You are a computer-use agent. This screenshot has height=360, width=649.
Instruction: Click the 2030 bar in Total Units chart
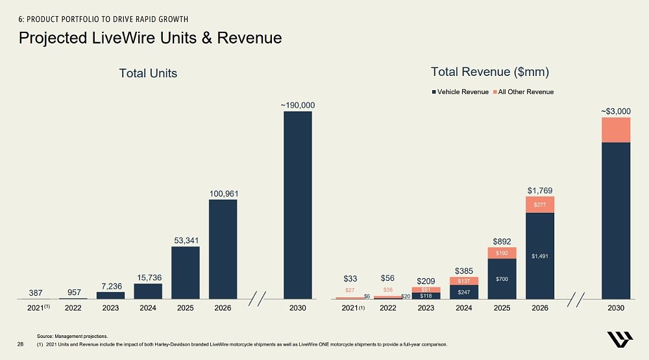pyautogui.click(x=297, y=205)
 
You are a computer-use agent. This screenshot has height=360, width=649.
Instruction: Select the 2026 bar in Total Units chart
pyautogui.click(x=223, y=249)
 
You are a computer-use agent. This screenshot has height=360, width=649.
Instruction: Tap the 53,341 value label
pyautogui.click(x=185, y=241)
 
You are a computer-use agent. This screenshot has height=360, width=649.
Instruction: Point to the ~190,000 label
pyautogui.click(x=297, y=104)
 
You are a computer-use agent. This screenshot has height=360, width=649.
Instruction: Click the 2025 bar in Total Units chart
pyautogui.click(x=185, y=272)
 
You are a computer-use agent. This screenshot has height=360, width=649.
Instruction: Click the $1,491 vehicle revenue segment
pyautogui.click(x=540, y=256)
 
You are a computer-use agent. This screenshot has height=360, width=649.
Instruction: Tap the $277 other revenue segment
pyautogui.click(x=540, y=204)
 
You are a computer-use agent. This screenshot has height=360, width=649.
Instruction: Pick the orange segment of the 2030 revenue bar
pyautogui.click(x=616, y=130)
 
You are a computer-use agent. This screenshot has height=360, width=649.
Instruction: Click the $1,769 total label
pyautogui.click(x=540, y=190)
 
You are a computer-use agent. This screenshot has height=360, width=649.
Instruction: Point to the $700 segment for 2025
pyautogui.click(x=502, y=279)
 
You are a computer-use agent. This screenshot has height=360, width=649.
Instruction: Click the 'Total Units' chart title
pyautogui.click(x=148, y=73)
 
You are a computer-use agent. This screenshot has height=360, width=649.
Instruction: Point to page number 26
pyautogui.click(x=20, y=344)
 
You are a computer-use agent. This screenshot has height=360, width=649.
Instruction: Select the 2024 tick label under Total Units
pyautogui.click(x=148, y=308)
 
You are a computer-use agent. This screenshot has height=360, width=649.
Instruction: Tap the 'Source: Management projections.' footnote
pyautogui.click(x=72, y=336)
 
